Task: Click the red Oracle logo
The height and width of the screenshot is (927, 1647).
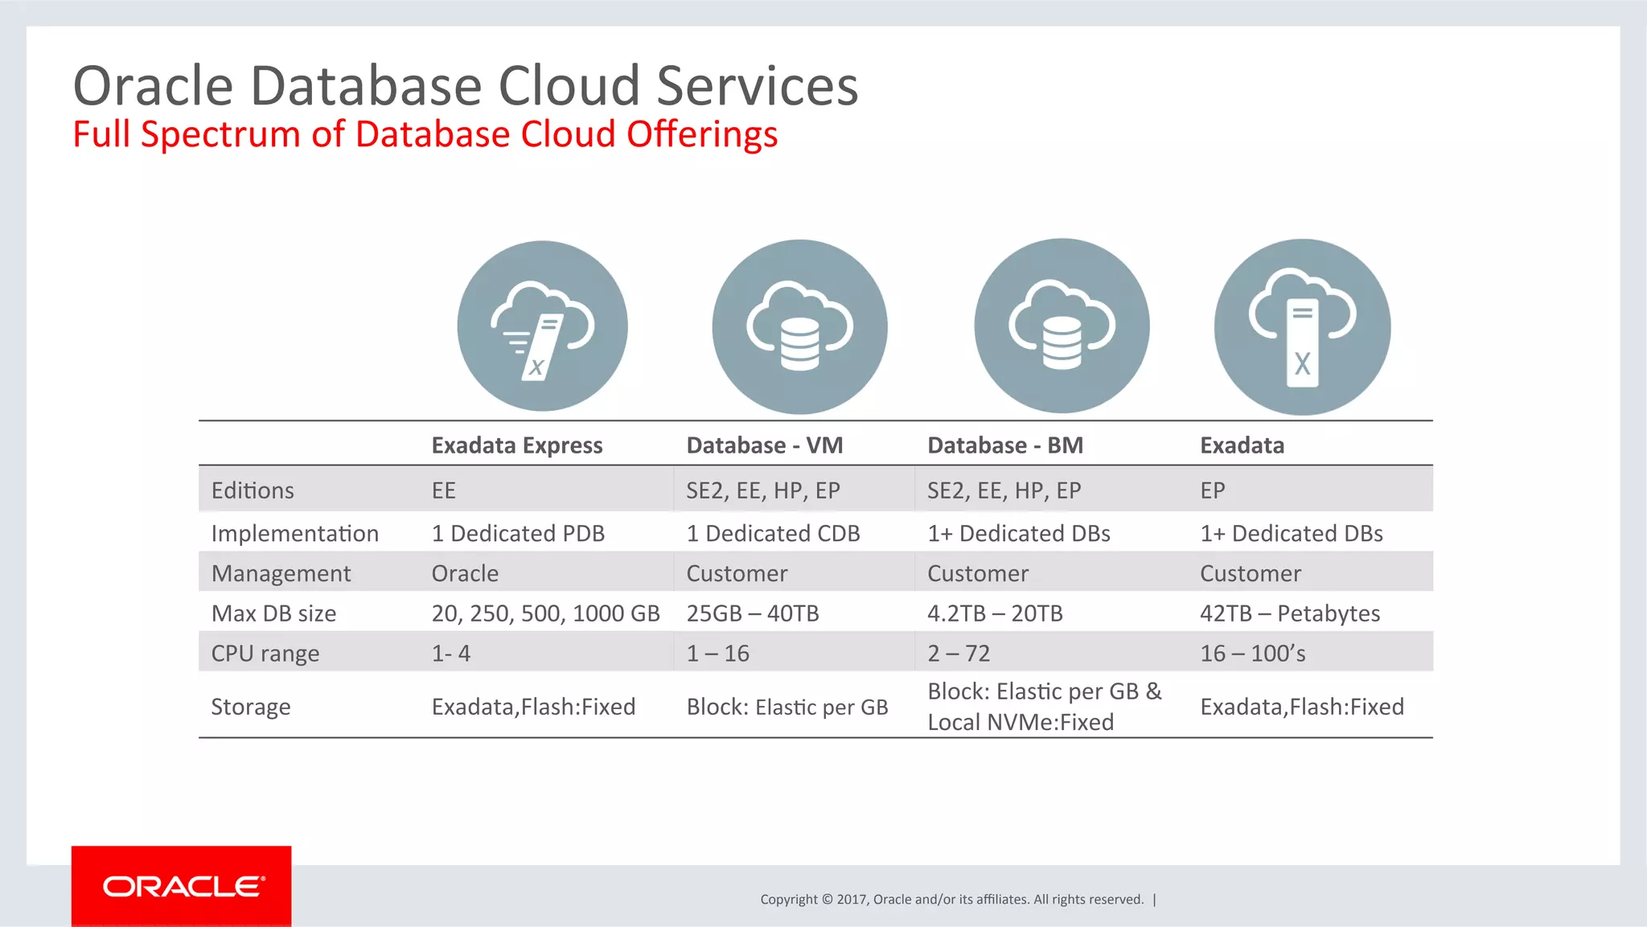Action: coord(182,886)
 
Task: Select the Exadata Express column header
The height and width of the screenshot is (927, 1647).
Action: coord(516,445)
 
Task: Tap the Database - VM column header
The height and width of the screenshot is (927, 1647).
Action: coord(764,445)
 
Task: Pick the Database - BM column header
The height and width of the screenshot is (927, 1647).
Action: coord(1004,445)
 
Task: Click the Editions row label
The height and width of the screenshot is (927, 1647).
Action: coord(253,490)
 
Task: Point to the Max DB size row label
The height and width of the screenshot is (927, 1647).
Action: coord(273,613)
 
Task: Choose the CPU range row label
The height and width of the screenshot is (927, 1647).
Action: coord(265,654)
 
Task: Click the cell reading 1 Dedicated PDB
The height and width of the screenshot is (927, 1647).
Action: coord(518,534)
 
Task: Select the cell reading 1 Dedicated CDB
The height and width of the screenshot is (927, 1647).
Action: coord(773,534)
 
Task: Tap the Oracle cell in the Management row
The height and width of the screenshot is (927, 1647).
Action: coord(465,573)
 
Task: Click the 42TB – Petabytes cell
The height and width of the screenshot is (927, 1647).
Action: coord(1289,613)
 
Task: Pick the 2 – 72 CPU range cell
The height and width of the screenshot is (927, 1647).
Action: coord(959,654)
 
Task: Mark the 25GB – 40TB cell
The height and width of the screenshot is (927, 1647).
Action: coord(752,613)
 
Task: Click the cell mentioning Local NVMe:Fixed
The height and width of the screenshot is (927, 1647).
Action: coord(1043,707)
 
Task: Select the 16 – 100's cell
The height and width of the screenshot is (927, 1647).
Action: coord(1252,654)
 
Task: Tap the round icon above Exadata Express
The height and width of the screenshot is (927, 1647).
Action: coord(542,326)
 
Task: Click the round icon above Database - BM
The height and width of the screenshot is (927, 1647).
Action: coord(1062,326)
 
